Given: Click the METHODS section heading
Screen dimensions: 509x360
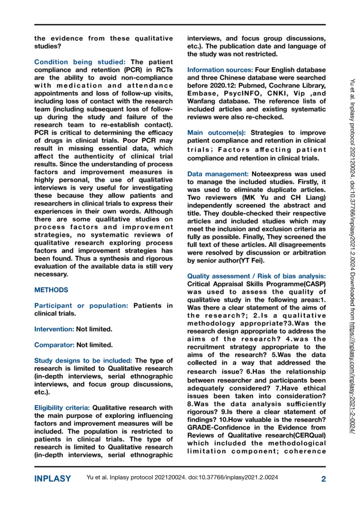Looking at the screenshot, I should (x=51, y=289).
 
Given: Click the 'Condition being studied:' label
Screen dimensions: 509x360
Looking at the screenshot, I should (x=81, y=62).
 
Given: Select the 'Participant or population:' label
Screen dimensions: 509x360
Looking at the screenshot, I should (x=82, y=306).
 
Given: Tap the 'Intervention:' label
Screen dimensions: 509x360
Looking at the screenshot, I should (x=54, y=329).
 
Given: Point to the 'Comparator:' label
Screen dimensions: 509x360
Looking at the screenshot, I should (x=54, y=344).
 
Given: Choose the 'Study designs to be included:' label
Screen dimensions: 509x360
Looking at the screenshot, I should (x=83, y=360).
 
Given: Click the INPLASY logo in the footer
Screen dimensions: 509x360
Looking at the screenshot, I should (x=52, y=479).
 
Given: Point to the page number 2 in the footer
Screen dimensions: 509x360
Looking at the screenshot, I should (x=323, y=479).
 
